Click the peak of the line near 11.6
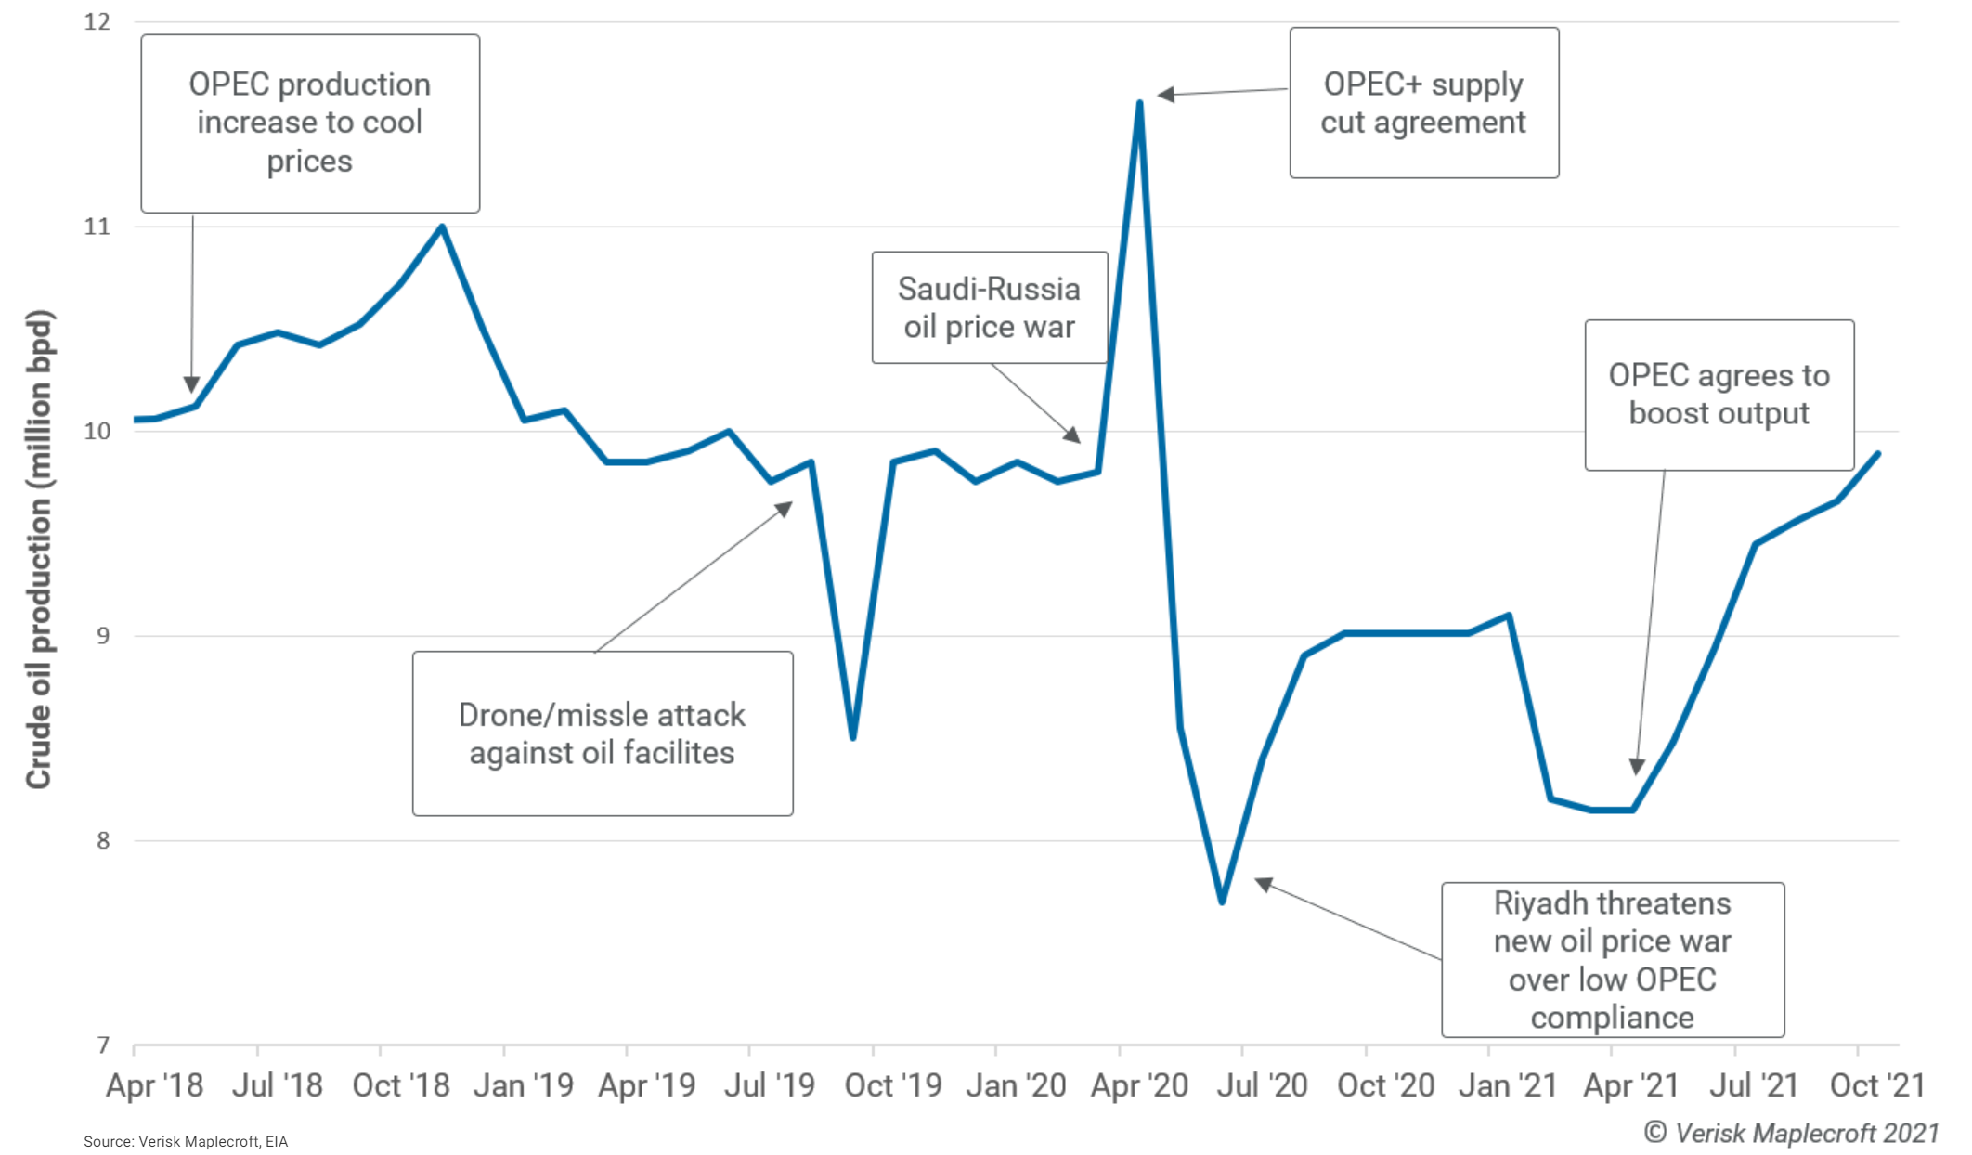coord(1139,103)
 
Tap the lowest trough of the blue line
coord(1222,901)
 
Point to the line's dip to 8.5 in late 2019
coord(852,736)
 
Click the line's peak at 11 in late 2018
coord(442,227)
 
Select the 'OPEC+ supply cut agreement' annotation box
coord(1423,103)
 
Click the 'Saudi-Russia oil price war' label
coord(989,307)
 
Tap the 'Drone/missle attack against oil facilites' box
coord(603,733)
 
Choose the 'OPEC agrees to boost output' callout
coord(1719,395)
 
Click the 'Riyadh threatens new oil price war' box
coord(1612,959)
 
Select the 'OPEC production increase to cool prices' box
coord(310,123)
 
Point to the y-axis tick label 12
coord(97,22)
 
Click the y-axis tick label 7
coord(103,1045)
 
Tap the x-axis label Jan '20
coord(1016,1085)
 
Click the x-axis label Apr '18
coord(154,1085)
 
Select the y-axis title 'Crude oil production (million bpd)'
coord(39,548)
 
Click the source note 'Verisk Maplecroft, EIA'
coord(186,1141)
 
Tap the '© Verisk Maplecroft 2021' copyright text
coord(1791,1133)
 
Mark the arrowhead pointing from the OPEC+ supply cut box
coord(1165,95)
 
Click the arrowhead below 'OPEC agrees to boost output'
coord(1637,766)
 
